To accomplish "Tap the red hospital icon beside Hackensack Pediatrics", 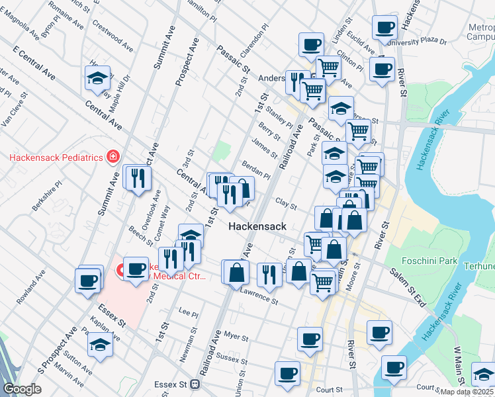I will pos(113,157).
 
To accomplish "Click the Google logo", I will pos(22,389).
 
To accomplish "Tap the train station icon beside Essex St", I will pos(195,384).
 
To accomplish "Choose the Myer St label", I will pos(235,337).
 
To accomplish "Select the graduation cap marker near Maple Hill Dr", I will pos(97,79).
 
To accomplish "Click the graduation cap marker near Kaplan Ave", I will pos(100,345).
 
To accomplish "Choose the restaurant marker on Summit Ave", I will pos(137,178).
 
